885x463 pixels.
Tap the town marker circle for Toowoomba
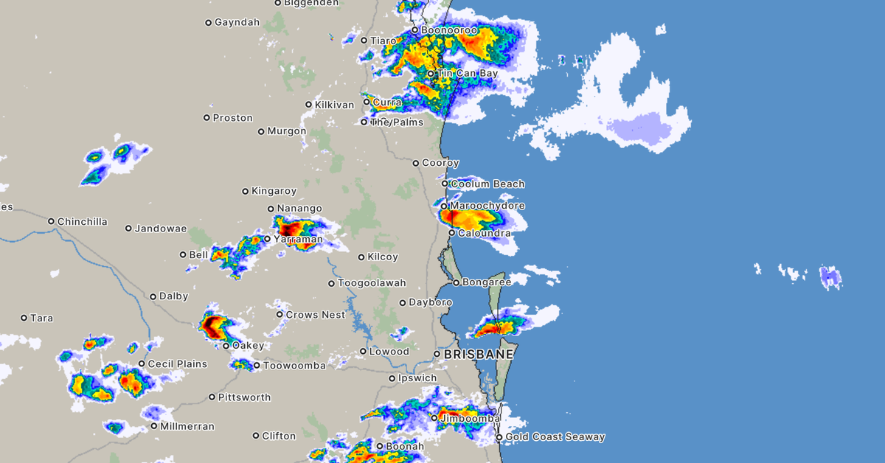pos(257,365)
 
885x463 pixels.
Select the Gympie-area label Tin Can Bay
pos(468,74)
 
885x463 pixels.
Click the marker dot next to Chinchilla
pos(52,221)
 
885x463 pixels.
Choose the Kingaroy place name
pos(274,191)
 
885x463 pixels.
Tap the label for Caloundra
pos(484,233)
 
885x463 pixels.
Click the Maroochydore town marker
pos(445,206)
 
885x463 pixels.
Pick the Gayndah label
pos(237,22)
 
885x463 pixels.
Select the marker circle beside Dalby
pos(153,297)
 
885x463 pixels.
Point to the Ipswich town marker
pos(392,379)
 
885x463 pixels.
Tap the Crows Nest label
pos(315,315)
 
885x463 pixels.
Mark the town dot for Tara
pos(24,318)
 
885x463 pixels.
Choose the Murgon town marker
pos(261,132)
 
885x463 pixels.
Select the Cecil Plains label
pos(177,364)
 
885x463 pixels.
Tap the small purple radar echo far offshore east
pos(831,277)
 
